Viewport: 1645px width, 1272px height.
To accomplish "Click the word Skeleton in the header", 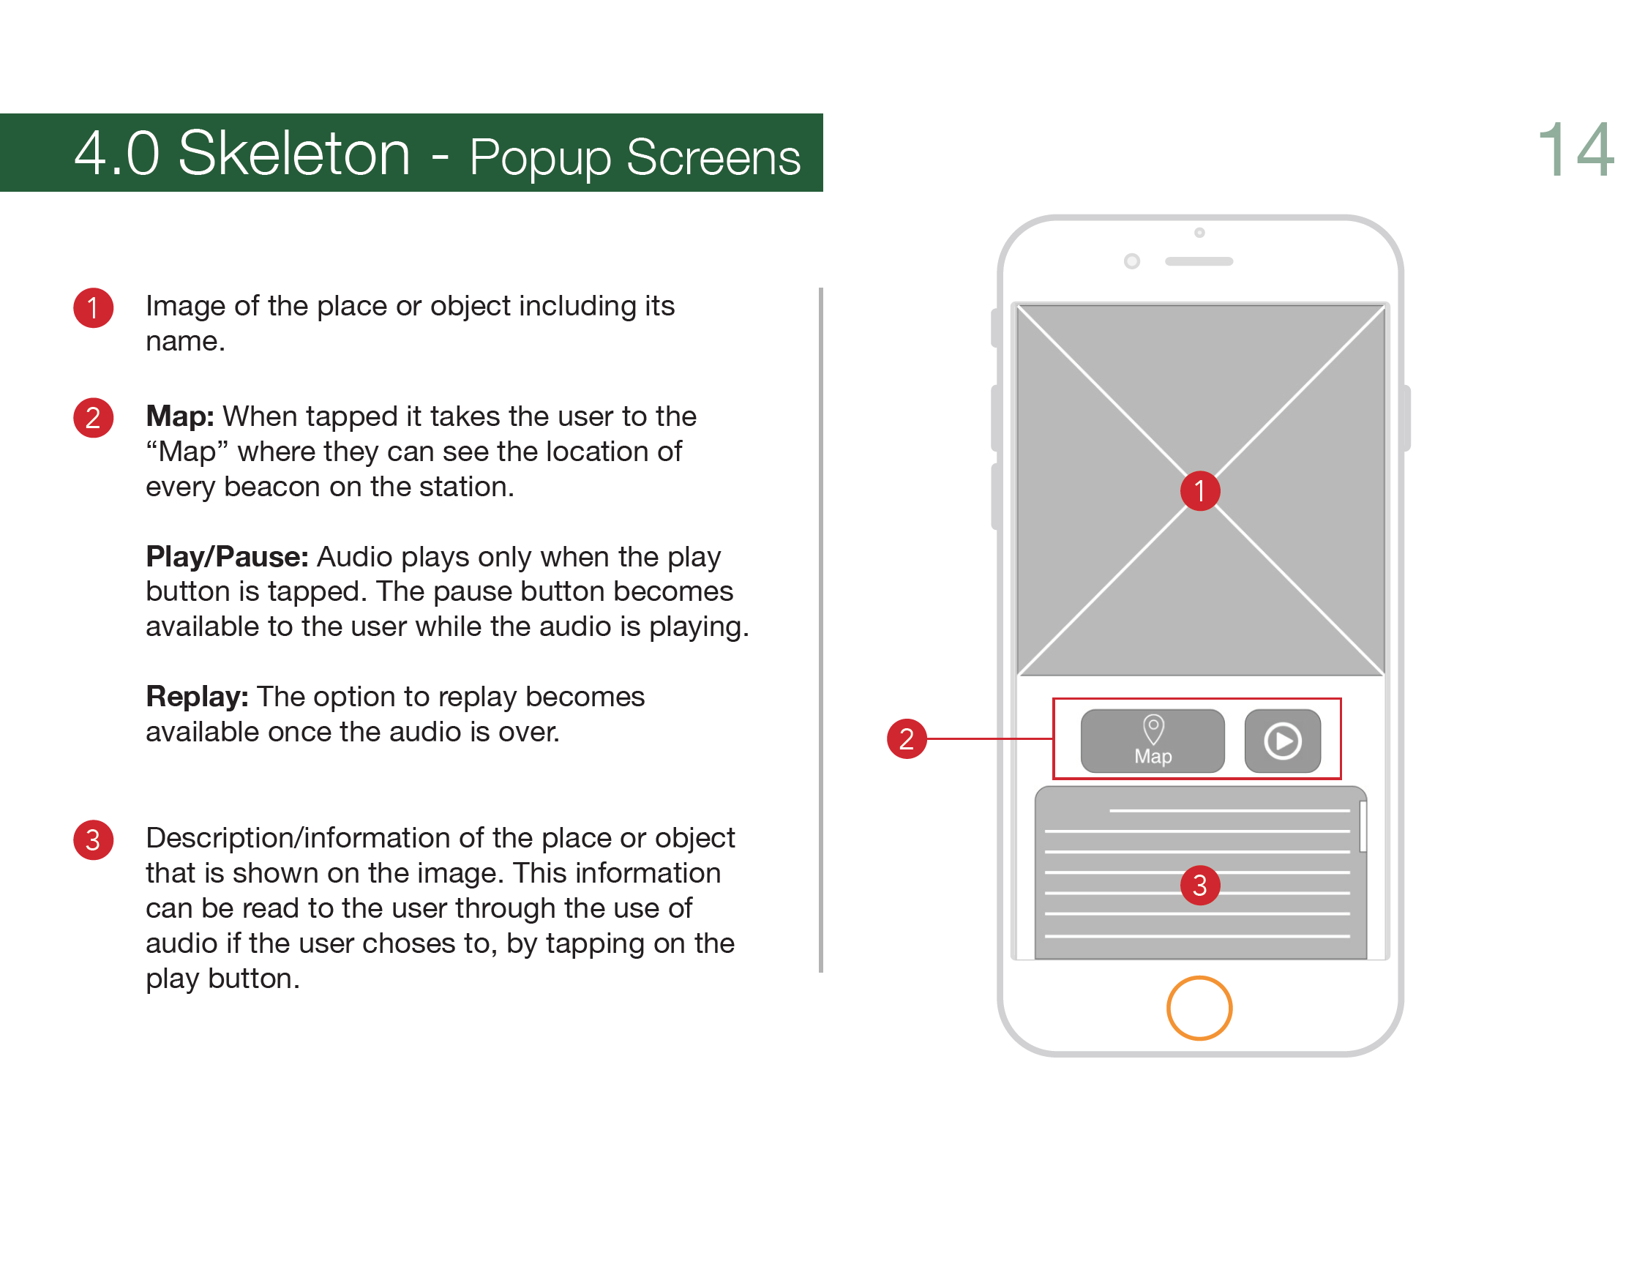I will click(293, 154).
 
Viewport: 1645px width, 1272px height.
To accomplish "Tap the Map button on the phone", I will click(1153, 741).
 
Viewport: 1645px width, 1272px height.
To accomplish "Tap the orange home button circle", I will click(1199, 1008).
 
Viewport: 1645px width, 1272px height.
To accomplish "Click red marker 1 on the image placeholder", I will click(1200, 491).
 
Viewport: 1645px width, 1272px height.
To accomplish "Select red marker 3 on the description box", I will click(1200, 885).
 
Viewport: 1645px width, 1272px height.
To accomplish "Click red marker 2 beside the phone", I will click(906, 738).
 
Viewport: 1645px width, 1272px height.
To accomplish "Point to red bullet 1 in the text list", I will click(94, 308).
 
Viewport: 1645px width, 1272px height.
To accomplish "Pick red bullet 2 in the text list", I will click(94, 418).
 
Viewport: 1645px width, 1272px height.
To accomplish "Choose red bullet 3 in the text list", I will click(94, 839).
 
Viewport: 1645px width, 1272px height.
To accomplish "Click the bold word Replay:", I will click(197, 697).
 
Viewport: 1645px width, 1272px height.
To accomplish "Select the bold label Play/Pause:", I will click(227, 556).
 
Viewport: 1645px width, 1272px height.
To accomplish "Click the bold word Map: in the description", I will click(180, 416).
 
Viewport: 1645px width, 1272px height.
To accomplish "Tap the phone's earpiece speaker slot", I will click(1199, 261).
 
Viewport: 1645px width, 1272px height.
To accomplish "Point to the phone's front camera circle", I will click(1131, 261).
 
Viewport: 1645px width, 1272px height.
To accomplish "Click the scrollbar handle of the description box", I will click(1363, 826).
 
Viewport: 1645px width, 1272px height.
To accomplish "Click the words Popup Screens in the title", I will click(634, 157).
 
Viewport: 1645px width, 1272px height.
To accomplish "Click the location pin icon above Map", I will click(1153, 728).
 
